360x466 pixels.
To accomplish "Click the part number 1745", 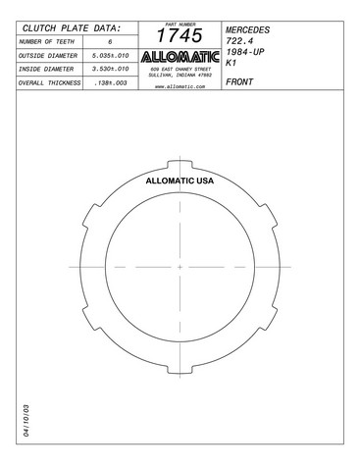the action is click(x=180, y=35).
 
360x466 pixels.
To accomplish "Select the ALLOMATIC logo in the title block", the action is click(x=180, y=57).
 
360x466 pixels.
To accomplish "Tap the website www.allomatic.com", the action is click(x=180, y=86).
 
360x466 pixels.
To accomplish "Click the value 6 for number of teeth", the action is click(x=110, y=42).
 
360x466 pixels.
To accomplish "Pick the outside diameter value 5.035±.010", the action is click(x=111, y=56).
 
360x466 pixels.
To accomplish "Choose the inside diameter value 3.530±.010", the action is click(x=111, y=69).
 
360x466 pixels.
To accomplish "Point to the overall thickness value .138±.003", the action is click(x=111, y=83).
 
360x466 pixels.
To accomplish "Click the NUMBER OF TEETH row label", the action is click(x=46, y=42).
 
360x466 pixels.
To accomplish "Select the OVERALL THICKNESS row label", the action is click(x=49, y=83).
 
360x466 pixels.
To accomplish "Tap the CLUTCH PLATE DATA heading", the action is click(x=72, y=28).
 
